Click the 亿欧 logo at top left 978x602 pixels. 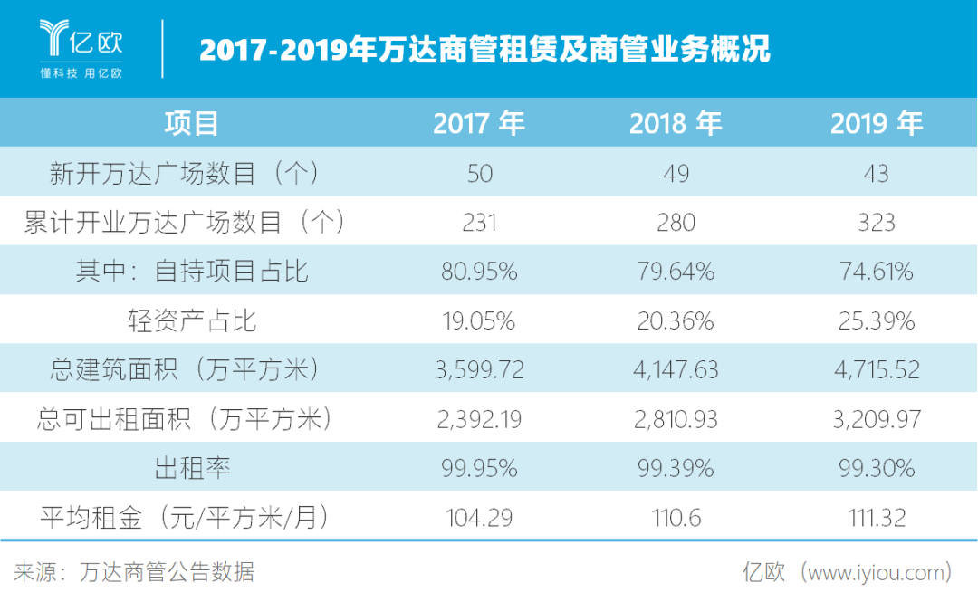(81, 47)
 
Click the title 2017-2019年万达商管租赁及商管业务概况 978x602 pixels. (484, 49)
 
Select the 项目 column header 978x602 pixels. (191, 123)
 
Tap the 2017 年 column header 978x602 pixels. (479, 123)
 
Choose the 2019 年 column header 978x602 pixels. (876, 123)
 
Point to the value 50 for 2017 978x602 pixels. (480, 173)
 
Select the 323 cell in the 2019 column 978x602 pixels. (876, 222)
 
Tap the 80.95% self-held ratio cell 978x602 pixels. (480, 272)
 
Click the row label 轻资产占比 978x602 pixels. (192, 320)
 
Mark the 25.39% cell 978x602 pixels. (876, 320)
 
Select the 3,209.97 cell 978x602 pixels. (876, 419)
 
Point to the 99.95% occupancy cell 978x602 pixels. (480, 468)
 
